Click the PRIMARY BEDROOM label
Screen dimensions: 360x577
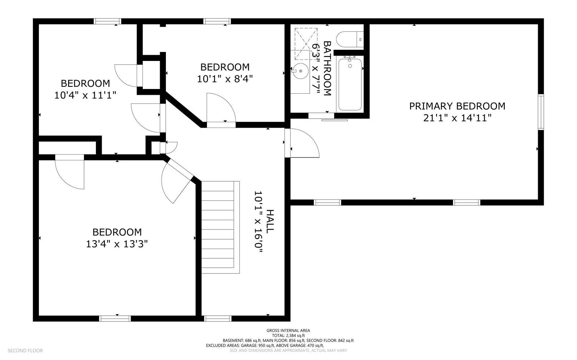coord(457,106)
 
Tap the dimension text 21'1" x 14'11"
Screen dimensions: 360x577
coord(457,118)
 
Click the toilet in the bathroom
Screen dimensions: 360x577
coord(349,38)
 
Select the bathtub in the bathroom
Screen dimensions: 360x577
coord(349,84)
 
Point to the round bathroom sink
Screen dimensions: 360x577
coord(300,71)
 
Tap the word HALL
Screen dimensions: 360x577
coord(270,221)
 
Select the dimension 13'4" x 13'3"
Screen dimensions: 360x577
coord(117,244)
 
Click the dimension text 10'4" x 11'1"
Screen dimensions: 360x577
coord(85,95)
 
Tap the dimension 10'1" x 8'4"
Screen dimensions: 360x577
coord(225,79)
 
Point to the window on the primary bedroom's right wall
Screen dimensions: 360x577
coord(541,112)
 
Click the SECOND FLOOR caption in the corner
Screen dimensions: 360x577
coord(25,350)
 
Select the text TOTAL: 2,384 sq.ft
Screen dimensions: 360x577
coord(288,335)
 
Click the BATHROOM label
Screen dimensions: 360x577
coord(327,68)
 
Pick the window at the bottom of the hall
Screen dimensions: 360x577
coord(217,318)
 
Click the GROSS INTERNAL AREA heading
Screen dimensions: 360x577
coord(288,330)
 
